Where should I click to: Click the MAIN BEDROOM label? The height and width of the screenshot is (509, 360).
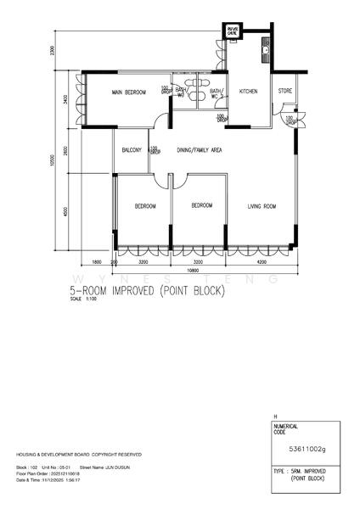pyautogui.click(x=129, y=91)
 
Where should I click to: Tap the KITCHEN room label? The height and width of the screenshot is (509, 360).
pyautogui.click(x=248, y=91)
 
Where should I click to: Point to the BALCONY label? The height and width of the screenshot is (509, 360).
pyautogui.click(x=132, y=150)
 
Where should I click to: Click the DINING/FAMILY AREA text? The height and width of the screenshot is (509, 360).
pyautogui.click(x=199, y=150)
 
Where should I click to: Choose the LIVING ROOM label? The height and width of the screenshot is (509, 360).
pyautogui.click(x=262, y=205)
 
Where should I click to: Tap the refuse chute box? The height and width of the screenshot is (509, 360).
pyautogui.click(x=232, y=31)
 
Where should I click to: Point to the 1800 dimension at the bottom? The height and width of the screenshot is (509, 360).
pyautogui.click(x=97, y=263)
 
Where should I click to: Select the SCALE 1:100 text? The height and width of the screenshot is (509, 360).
pyautogui.click(x=84, y=299)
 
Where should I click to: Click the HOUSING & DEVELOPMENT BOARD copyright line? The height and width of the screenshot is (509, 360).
pyautogui.click(x=65, y=455)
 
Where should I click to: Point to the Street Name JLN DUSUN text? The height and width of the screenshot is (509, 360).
pyautogui.click(x=110, y=467)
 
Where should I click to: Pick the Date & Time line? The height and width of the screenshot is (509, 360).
pyautogui.click(x=53, y=479)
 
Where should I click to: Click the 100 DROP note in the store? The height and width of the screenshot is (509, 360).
pyautogui.click(x=290, y=120)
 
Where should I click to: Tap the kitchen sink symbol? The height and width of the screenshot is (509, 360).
pyautogui.click(x=266, y=50)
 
